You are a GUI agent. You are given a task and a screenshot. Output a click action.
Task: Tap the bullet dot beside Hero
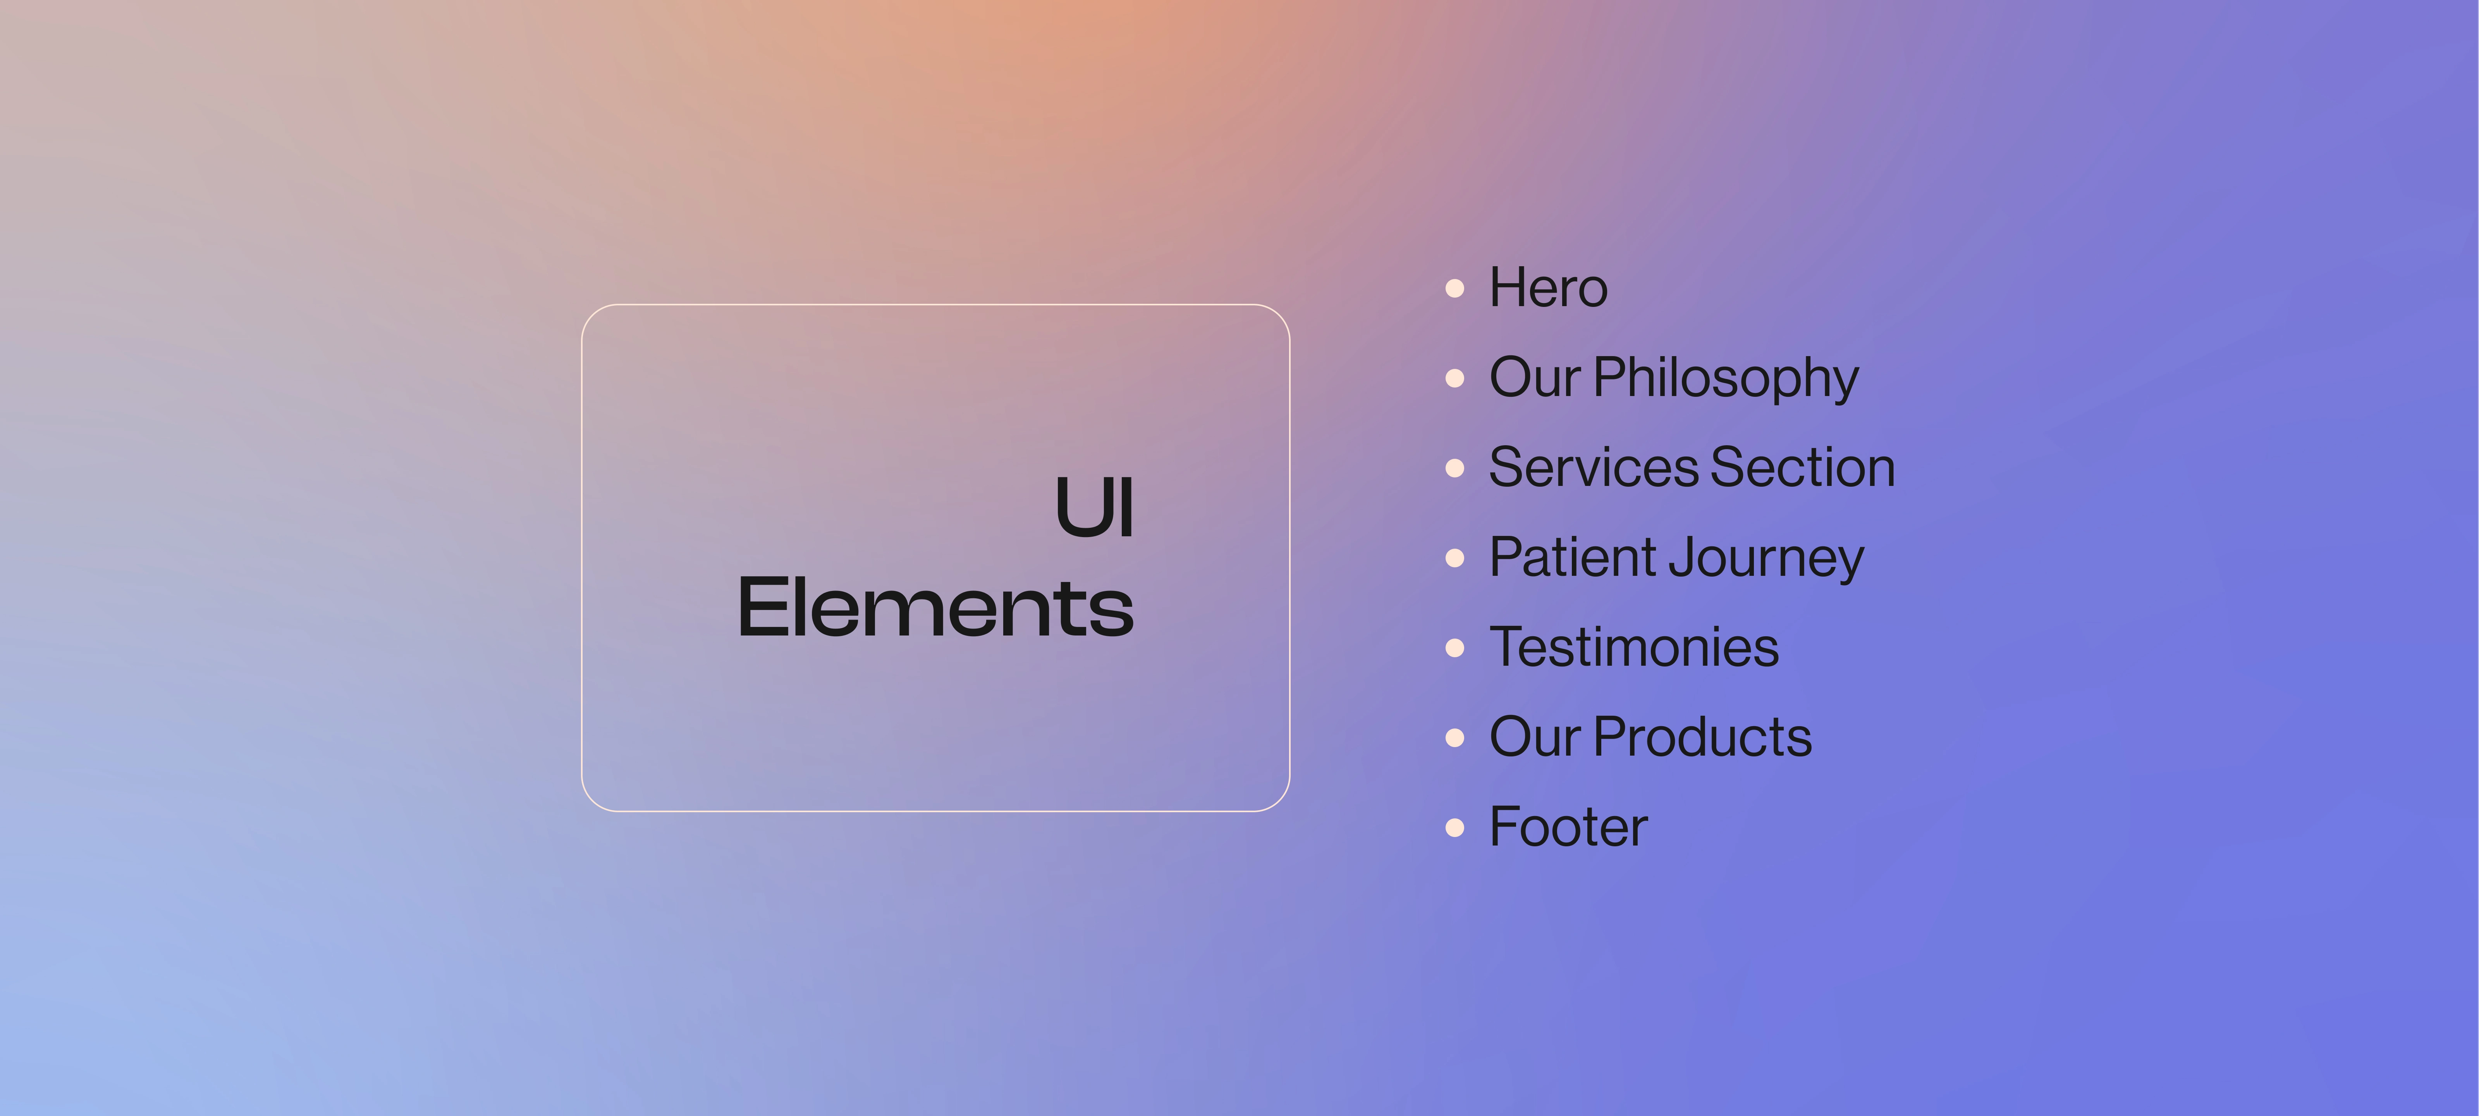[1455, 288]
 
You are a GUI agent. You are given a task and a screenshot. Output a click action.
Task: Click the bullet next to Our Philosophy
[1455, 379]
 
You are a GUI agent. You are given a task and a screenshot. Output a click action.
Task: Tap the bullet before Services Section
[1455, 468]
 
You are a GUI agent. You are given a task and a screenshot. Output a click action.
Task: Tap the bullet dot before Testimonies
[1455, 648]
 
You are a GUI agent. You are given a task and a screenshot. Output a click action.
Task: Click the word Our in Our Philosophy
[1535, 377]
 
